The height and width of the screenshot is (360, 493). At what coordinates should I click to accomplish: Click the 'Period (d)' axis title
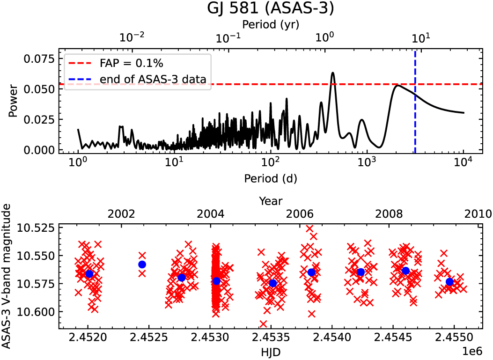point(271,178)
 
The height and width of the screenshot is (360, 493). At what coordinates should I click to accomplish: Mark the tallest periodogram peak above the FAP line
point(333,73)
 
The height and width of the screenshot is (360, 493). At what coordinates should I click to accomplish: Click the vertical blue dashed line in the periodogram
point(415,117)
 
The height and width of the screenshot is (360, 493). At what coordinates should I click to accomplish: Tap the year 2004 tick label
point(210,214)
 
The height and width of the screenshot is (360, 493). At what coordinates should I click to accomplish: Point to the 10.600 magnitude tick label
point(39,311)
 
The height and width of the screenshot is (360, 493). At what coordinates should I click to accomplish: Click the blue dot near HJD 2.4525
point(142,264)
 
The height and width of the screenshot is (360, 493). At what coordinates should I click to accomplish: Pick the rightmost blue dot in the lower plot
point(449,282)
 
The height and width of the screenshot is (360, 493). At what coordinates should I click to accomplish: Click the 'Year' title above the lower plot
point(271,201)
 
